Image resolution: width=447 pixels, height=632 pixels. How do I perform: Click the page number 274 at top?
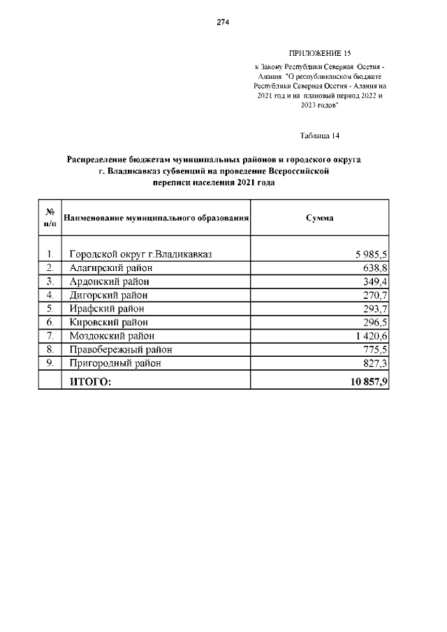tap(223, 22)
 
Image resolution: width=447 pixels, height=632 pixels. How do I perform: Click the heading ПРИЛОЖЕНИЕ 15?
tap(319, 54)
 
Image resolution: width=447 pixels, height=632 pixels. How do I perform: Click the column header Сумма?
tap(319, 218)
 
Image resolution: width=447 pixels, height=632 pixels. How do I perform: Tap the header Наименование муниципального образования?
tap(156, 218)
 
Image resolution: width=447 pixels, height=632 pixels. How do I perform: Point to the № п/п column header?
tap(50, 218)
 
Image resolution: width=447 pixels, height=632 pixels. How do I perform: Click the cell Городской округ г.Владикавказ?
tap(140, 254)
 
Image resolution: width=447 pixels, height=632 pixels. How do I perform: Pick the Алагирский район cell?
tap(111, 267)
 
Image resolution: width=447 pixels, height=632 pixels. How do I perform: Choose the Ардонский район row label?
tap(110, 281)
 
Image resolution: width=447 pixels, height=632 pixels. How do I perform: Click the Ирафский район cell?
tap(108, 309)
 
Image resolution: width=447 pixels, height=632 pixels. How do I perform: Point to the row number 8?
tap(50, 349)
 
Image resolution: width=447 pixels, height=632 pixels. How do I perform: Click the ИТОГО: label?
tap(89, 381)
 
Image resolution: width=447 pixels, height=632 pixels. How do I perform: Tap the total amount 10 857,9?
tap(365, 381)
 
